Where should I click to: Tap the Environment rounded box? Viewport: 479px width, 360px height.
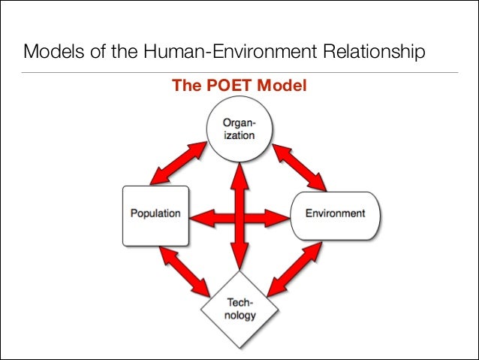335,213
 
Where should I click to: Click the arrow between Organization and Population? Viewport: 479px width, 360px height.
178,164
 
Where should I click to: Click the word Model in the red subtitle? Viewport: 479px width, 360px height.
282,86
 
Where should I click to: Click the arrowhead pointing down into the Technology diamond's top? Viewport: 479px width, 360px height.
240,262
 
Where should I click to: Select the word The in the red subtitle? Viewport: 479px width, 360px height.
185,86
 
